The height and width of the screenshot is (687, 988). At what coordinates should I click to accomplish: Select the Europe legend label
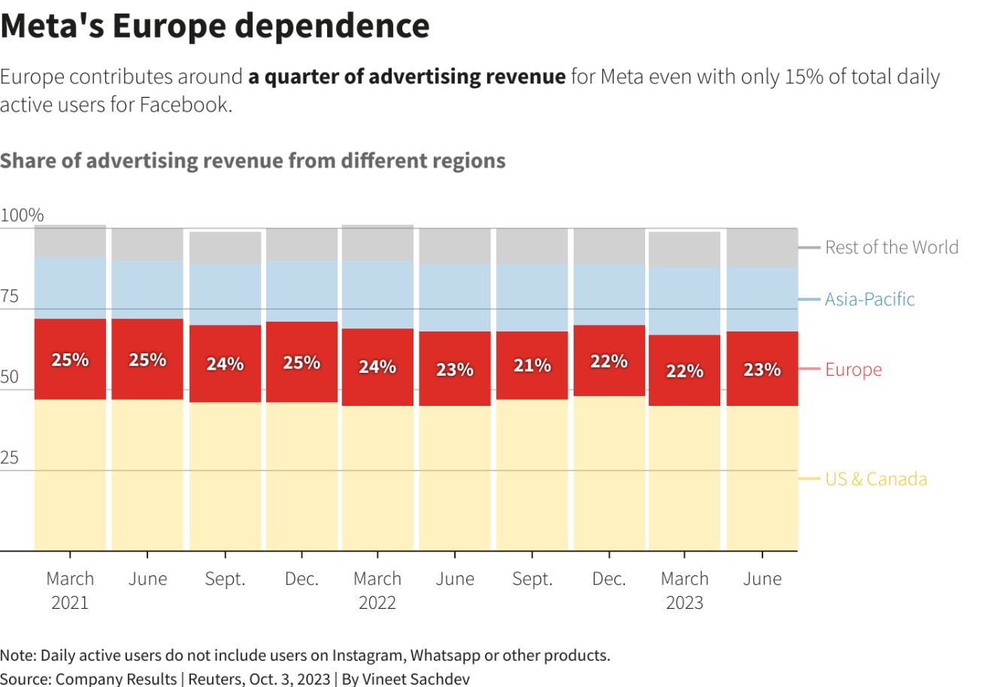pyautogui.click(x=853, y=370)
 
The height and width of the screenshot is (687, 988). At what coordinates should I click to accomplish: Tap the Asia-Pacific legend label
pyautogui.click(x=870, y=299)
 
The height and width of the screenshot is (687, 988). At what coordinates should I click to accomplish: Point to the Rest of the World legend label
pyautogui.click(x=892, y=247)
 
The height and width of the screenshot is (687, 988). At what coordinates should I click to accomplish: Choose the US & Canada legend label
pyautogui.click(x=876, y=479)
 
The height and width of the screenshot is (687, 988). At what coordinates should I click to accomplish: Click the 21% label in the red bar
pyautogui.click(x=532, y=366)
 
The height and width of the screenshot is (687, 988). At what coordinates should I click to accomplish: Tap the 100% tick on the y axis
pyautogui.click(x=23, y=216)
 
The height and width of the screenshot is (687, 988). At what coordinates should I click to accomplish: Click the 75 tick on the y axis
pyautogui.click(x=10, y=296)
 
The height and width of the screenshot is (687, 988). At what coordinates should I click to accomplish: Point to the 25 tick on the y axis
pyautogui.click(x=10, y=458)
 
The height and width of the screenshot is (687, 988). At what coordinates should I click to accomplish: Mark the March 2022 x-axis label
pyautogui.click(x=377, y=590)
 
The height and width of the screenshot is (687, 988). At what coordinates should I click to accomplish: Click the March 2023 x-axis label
pyautogui.click(x=684, y=590)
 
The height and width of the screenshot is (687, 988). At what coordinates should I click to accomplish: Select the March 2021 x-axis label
pyautogui.click(x=70, y=590)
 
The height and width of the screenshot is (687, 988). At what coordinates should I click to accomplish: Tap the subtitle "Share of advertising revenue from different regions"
pyautogui.click(x=253, y=161)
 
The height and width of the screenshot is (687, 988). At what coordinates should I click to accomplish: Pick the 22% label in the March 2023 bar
pyautogui.click(x=684, y=371)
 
